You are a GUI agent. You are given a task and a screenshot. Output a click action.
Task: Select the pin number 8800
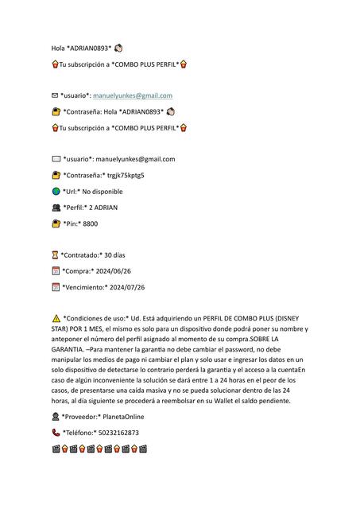click(90, 223)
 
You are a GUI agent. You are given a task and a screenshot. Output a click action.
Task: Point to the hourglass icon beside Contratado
click(55, 255)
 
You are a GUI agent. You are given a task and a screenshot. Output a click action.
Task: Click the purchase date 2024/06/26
click(112, 271)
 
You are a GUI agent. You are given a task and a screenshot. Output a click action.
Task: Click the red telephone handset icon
click(56, 433)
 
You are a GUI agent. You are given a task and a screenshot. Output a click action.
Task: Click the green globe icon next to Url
click(56, 192)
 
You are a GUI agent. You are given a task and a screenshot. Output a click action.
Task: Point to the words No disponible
click(103, 192)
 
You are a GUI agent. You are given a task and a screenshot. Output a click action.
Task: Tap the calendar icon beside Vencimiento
click(56, 287)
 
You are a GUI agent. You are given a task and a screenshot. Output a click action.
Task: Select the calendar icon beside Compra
click(56, 271)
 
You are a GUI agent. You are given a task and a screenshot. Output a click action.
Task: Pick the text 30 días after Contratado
click(114, 255)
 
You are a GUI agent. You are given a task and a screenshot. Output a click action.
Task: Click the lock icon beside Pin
click(56, 223)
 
